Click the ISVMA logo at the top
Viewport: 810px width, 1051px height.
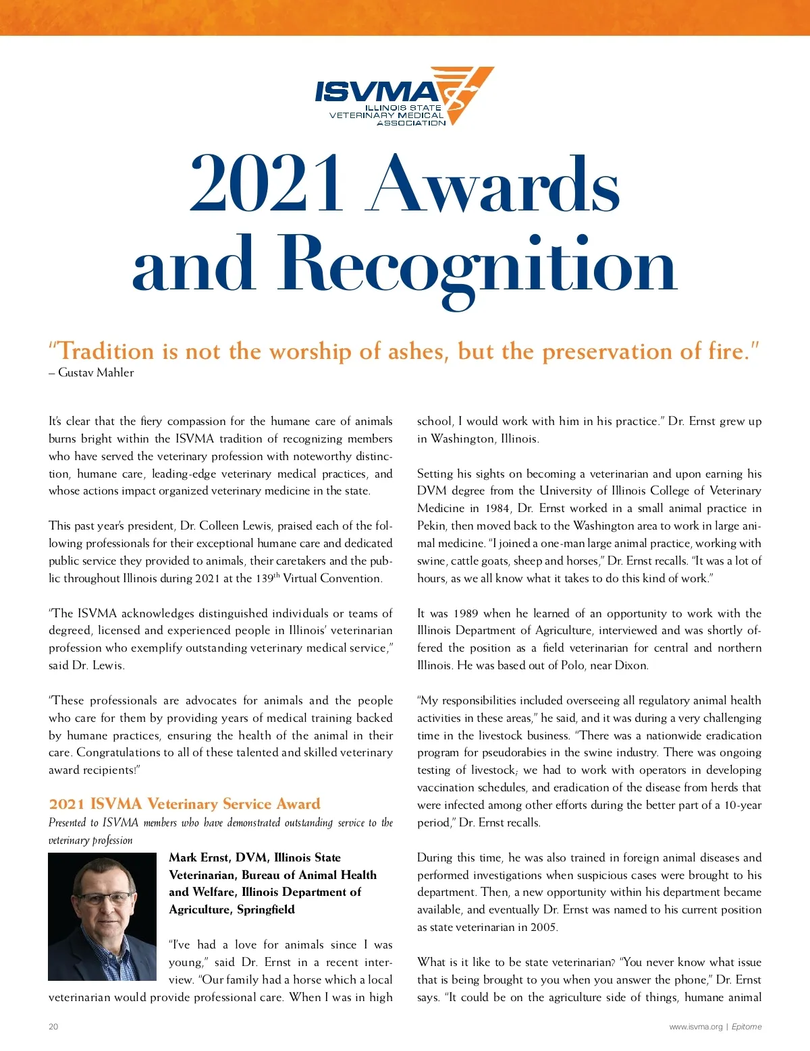coord(404,96)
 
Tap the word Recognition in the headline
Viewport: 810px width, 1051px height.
coord(477,264)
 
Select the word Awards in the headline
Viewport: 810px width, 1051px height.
coord(495,183)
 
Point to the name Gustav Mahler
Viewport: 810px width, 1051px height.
coord(96,372)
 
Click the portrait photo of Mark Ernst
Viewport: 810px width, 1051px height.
coord(102,916)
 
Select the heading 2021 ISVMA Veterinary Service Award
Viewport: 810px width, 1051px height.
coord(184,803)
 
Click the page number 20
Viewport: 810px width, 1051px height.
coord(53,1027)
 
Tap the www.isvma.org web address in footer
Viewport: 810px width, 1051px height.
coord(695,1027)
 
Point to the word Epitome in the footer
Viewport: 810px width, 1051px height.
coord(747,1027)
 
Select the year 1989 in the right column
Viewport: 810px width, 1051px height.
coord(466,613)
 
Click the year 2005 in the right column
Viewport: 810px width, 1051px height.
coord(543,927)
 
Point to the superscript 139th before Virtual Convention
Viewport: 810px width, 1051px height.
coord(267,577)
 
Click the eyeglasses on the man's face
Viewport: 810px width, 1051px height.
coord(104,898)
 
